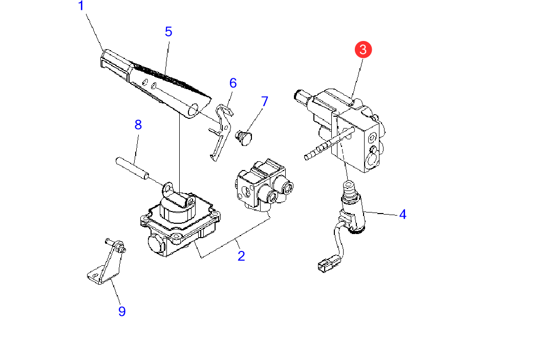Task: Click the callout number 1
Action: (80, 6)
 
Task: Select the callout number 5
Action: (168, 32)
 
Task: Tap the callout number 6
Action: (233, 82)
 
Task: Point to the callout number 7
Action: (264, 101)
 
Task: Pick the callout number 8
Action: (138, 125)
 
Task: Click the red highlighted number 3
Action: (363, 50)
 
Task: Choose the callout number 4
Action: (403, 215)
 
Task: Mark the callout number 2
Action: (241, 256)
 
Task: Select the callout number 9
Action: (122, 311)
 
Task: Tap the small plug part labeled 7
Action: (245, 137)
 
